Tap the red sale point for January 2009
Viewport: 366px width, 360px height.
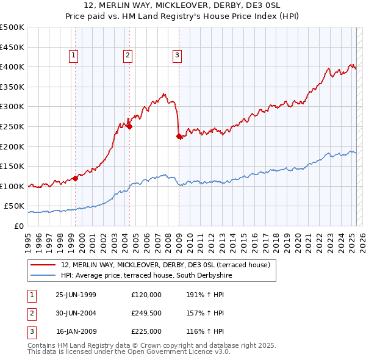(179, 137)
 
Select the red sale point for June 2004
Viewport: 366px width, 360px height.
(130, 127)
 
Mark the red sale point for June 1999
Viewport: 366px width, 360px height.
(76, 178)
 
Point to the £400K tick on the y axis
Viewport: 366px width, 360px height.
(13, 67)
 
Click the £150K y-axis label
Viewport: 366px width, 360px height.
(13, 166)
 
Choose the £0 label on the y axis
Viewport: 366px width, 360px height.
(18, 226)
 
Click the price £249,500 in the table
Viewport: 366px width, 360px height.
(146, 313)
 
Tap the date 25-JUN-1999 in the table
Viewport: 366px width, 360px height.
(76, 294)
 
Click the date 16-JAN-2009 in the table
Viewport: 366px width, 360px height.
(76, 332)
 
